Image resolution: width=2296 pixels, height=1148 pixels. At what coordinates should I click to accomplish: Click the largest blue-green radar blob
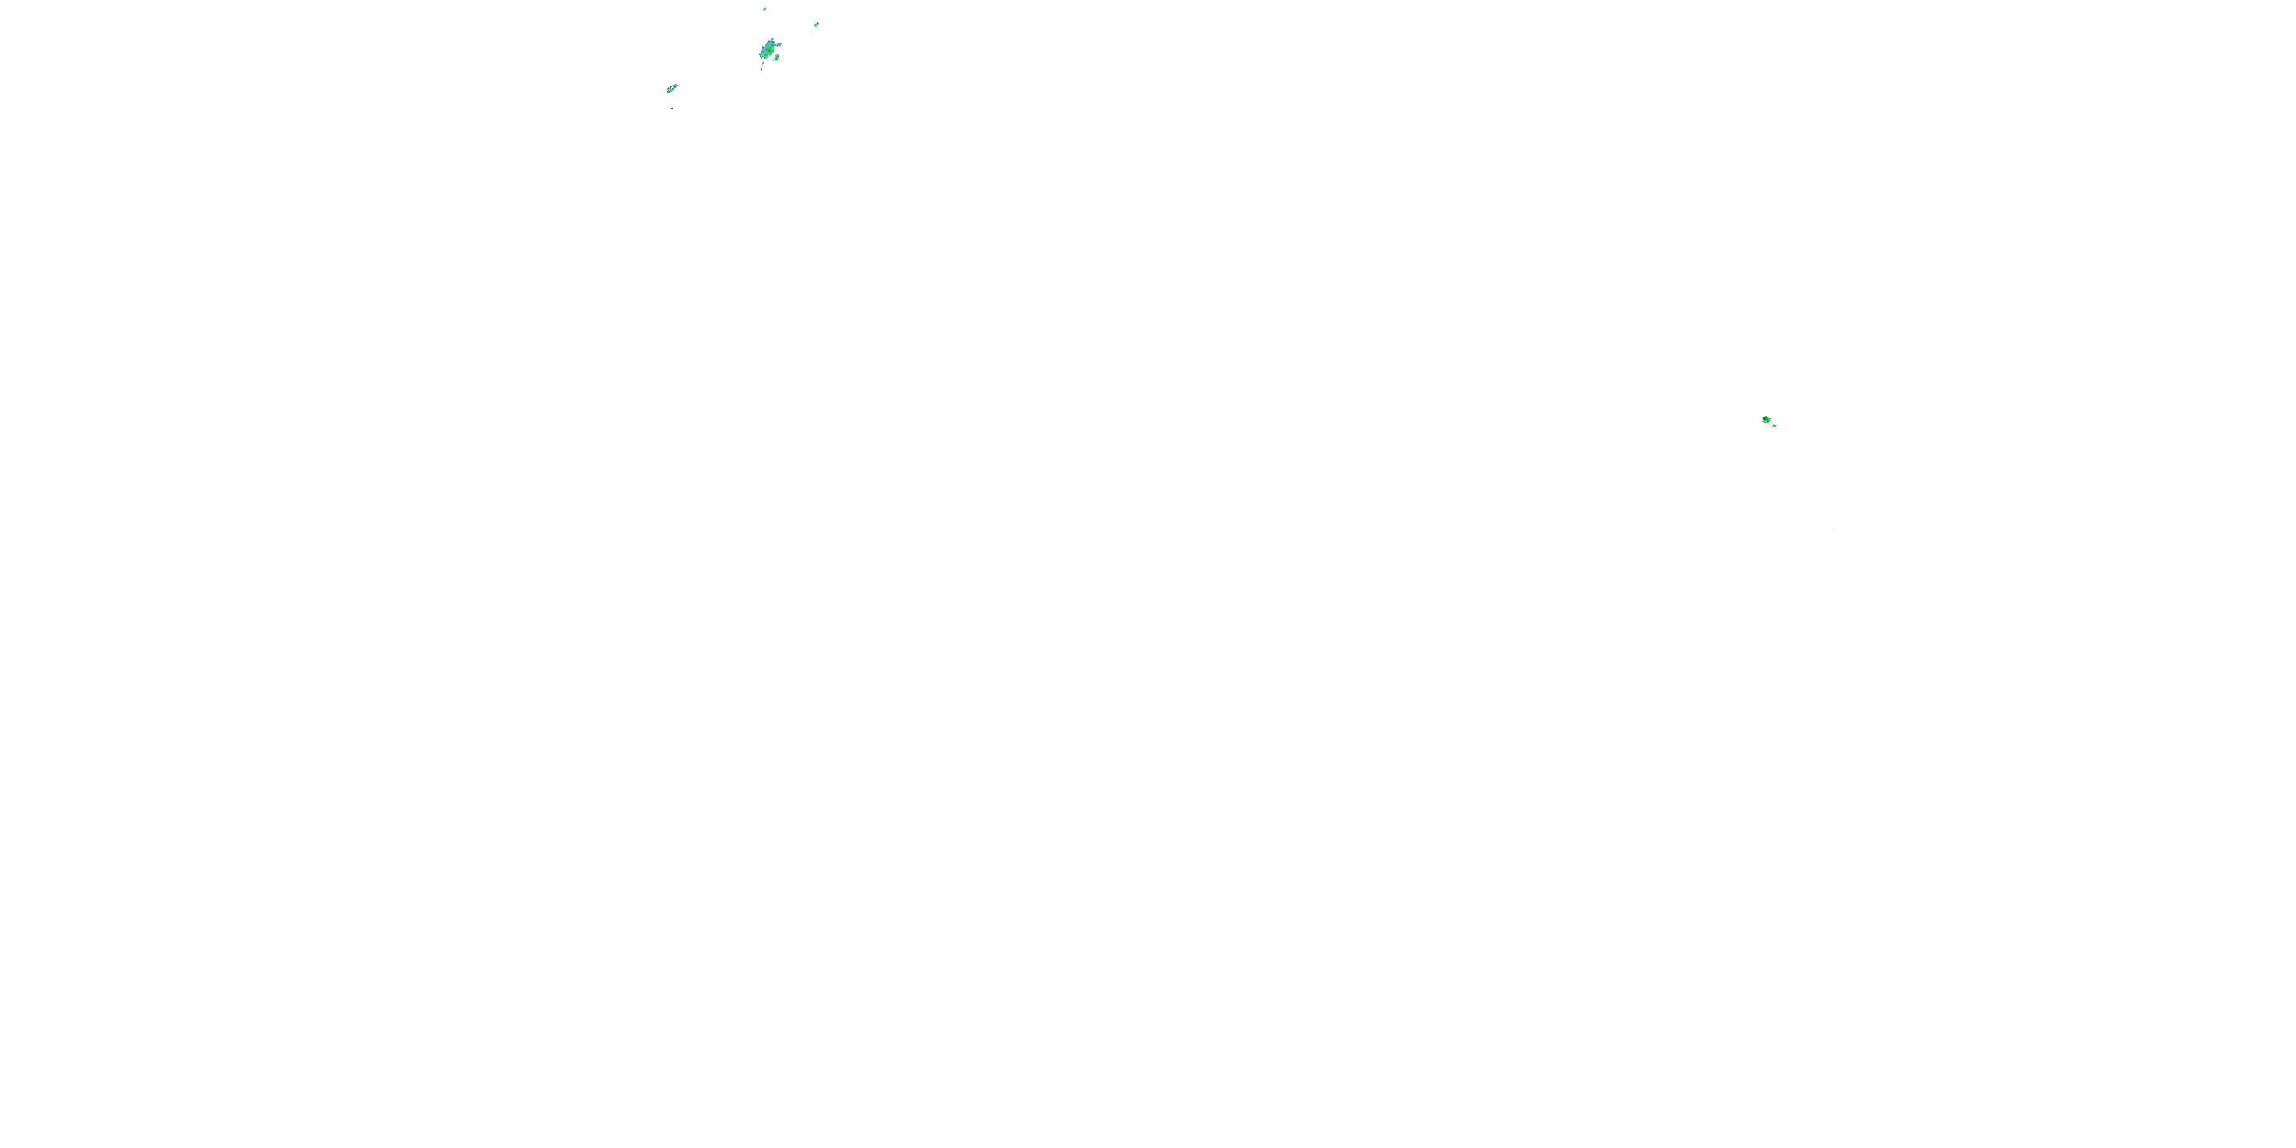[x=768, y=50]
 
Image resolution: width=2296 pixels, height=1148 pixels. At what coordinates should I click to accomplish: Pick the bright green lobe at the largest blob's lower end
[x=765, y=56]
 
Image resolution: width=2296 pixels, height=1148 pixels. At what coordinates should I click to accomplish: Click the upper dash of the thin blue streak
[x=763, y=64]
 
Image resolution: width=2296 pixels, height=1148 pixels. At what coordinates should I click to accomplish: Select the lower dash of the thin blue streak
[x=762, y=69]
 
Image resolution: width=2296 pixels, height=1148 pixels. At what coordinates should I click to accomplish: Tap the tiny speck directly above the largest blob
[x=765, y=9]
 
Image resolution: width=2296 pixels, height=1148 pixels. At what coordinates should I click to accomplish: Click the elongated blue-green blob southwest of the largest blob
[x=672, y=88]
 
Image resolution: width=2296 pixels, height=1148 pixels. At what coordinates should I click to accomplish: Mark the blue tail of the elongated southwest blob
[x=668, y=90]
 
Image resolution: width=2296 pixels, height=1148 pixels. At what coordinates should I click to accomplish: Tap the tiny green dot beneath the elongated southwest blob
[x=672, y=109]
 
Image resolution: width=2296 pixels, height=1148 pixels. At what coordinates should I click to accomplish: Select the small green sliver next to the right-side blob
[x=1775, y=426]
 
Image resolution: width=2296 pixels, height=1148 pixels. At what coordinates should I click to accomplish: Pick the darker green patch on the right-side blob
[x=1765, y=418]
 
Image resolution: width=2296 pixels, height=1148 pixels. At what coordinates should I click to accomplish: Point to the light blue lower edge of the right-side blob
[x=1766, y=422]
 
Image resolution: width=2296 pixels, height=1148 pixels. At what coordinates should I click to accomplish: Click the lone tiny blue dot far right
[x=1835, y=532]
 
